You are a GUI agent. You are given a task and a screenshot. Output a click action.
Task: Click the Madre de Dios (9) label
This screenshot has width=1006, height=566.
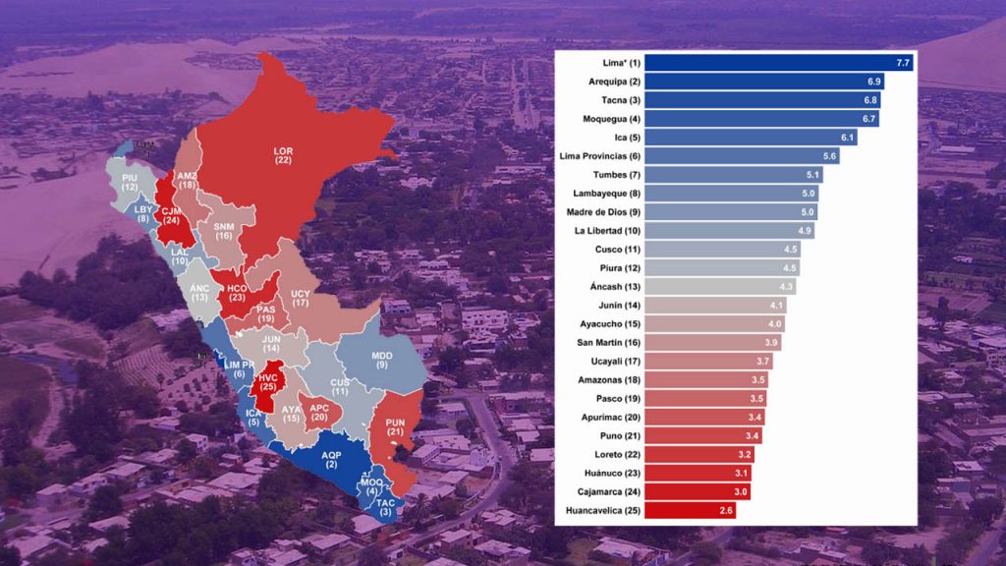pos(603,211)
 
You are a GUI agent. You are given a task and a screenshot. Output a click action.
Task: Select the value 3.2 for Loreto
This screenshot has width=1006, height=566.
pos(744,454)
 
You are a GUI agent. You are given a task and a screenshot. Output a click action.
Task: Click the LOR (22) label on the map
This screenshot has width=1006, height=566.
pos(284,155)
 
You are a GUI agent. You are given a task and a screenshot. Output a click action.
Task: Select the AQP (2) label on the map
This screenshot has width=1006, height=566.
pos(330,460)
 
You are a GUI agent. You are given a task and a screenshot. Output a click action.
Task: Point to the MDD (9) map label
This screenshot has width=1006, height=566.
pos(381,359)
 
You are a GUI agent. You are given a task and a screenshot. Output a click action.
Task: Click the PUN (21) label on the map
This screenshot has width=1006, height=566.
pos(395,426)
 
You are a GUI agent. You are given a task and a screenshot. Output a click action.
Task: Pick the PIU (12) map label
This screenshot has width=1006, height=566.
pos(130,181)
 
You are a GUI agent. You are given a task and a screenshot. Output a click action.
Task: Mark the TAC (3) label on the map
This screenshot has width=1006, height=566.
pos(386,506)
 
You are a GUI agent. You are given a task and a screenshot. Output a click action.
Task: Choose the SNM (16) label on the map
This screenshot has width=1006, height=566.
pos(224,231)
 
